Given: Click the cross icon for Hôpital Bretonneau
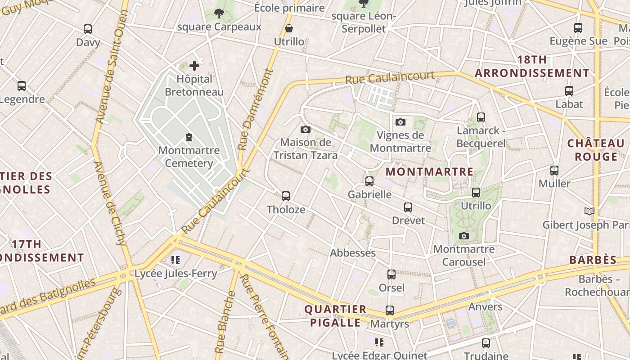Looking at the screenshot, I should (x=194, y=66).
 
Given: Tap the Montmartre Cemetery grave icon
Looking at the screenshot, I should (x=189, y=137).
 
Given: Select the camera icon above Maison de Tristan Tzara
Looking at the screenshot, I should (x=306, y=130).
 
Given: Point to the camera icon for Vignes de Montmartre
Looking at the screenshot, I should (x=400, y=122).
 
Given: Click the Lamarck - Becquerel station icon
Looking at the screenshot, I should (x=481, y=117).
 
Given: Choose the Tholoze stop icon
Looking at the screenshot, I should (x=286, y=196).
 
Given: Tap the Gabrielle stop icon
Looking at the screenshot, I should (x=369, y=181).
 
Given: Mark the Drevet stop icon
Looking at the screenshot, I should (x=408, y=207).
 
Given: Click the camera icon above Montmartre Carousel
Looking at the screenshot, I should (x=464, y=236).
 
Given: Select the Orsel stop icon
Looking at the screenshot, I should (x=391, y=274).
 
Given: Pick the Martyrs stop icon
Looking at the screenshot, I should (x=390, y=310).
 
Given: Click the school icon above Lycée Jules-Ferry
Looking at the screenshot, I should (x=175, y=260).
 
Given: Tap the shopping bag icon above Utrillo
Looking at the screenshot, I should (x=289, y=29).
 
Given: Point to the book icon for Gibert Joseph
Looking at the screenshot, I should (x=589, y=211).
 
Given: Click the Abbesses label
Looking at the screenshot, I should (x=353, y=253).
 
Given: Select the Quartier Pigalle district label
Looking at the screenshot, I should (x=335, y=316).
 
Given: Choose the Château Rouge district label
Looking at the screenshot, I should (x=596, y=150).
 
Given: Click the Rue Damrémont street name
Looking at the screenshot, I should (x=255, y=109).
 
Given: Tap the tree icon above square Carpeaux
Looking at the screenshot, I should (x=219, y=13).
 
